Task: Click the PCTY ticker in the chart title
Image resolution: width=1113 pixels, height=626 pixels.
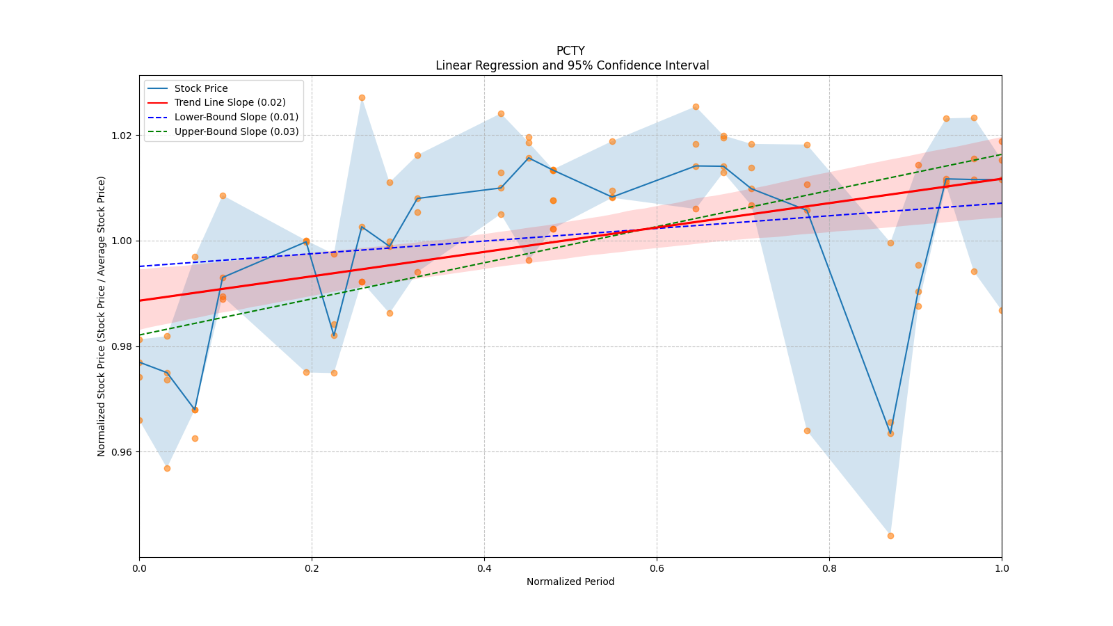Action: click(x=570, y=51)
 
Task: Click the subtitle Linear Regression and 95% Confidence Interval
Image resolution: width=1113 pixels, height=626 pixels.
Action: click(x=572, y=65)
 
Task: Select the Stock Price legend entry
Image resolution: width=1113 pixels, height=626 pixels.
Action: click(x=201, y=88)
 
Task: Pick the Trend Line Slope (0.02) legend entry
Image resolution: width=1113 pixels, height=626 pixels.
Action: click(x=230, y=103)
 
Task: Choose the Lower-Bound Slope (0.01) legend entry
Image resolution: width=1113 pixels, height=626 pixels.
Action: click(x=236, y=118)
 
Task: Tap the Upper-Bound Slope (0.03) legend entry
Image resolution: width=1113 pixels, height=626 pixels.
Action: click(x=236, y=131)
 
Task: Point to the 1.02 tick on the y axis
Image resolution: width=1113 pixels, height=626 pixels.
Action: click(x=122, y=136)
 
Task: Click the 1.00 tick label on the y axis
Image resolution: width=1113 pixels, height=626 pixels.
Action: click(x=122, y=241)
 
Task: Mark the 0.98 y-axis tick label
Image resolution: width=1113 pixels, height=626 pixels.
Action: click(x=122, y=346)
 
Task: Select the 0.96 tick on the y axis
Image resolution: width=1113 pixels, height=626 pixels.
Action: click(x=122, y=452)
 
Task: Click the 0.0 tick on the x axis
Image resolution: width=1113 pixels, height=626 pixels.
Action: click(x=139, y=568)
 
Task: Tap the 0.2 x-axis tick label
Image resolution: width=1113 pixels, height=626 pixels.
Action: click(x=312, y=568)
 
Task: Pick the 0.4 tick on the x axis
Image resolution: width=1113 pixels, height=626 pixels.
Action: click(x=484, y=568)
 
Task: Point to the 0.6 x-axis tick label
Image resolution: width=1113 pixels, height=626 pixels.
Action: click(x=657, y=568)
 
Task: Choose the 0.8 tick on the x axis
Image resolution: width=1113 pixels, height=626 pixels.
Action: click(x=829, y=568)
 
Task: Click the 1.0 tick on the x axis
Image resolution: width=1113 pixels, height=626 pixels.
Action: click(x=1002, y=568)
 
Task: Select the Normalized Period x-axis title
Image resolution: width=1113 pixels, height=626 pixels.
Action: click(x=570, y=581)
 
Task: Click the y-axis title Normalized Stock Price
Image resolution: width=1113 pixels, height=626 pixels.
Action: click(x=102, y=316)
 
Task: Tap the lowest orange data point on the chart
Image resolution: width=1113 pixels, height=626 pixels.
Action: click(x=890, y=536)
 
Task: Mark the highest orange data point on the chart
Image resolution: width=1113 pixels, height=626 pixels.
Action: click(x=362, y=97)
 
